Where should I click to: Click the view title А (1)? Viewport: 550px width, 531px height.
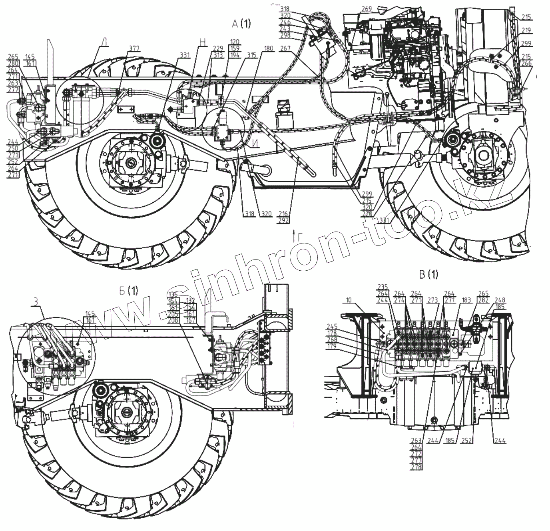(x=241, y=24)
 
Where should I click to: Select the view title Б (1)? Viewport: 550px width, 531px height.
(x=129, y=291)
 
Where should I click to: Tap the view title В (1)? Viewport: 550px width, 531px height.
(x=428, y=274)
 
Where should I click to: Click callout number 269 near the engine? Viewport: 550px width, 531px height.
(x=367, y=8)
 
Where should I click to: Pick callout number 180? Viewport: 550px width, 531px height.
(x=268, y=49)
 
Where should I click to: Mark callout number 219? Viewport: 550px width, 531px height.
(x=526, y=30)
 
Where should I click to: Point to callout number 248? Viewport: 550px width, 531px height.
(x=500, y=300)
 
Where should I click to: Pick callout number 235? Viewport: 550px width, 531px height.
(x=383, y=286)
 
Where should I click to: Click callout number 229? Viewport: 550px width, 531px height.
(x=218, y=49)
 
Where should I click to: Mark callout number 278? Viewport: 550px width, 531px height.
(x=417, y=467)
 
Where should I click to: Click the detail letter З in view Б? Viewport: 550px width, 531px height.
(x=36, y=302)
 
